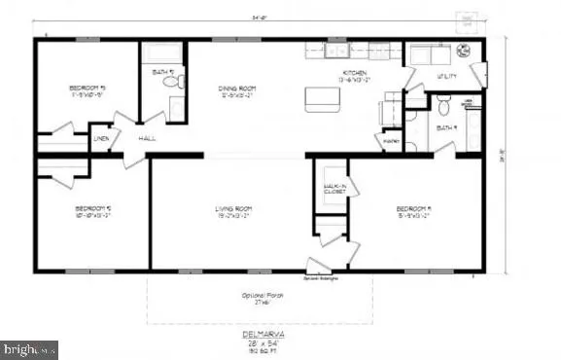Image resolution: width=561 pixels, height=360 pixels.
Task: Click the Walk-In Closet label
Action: [x=336, y=188]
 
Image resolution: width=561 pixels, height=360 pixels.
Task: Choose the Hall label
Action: [x=147, y=139]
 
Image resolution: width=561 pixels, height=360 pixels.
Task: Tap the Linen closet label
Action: [x=101, y=139]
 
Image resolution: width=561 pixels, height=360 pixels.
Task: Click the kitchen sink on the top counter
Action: [x=336, y=51]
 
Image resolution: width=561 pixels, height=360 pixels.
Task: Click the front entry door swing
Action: [x=318, y=266]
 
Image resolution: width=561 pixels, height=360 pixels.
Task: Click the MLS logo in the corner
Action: [x=29, y=349]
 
